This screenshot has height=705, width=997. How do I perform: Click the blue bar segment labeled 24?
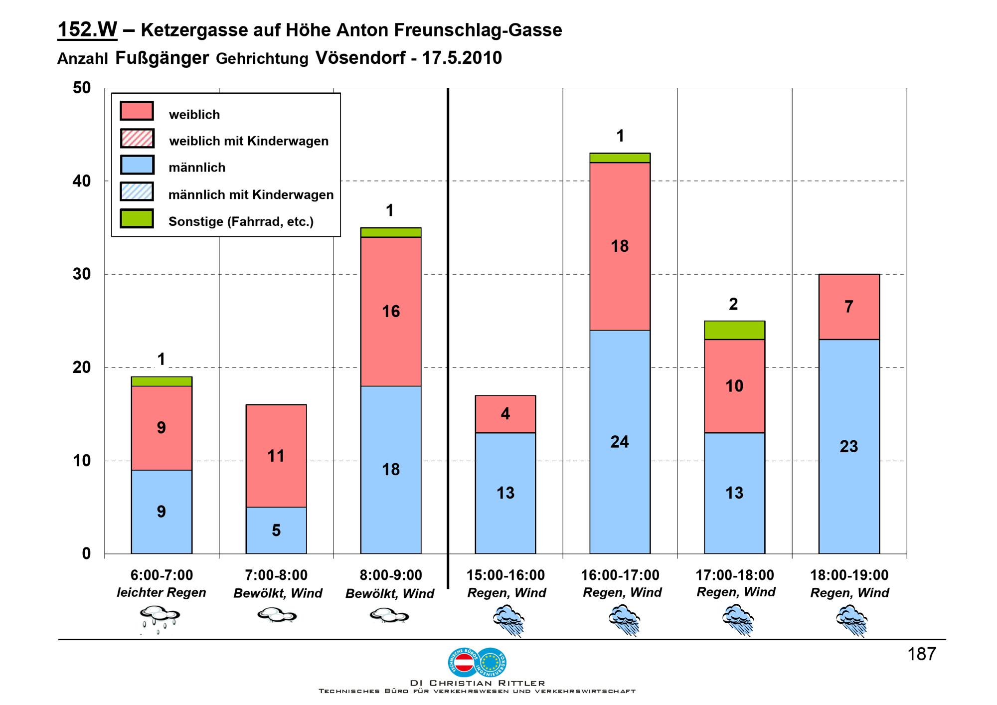pyautogui.click(x=620, y=442)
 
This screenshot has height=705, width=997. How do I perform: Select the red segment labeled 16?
pyautogui.click(x=391, y=311)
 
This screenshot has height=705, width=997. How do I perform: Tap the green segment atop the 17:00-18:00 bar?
pyautogui.click(x=734, y=330)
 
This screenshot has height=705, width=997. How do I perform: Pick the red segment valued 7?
pyautogui.click(x=849, y=307)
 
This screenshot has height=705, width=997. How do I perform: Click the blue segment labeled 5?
pyautogui.click(x=276, y=530)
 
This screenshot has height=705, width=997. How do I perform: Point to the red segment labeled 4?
pyautogui.click(x=505, y=414)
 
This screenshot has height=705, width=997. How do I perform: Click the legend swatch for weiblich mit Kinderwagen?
pyautogui.click(x=137, y=138)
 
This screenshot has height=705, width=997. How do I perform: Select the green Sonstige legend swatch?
pyautogui.click(x=137, y=219)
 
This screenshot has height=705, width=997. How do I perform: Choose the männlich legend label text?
pyautogui.click(x=197, y=168)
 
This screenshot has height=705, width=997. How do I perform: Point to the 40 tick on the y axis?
pyautogui.click(x=82, y=181)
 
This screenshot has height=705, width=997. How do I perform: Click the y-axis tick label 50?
pyautogui.click(x=82, y=88)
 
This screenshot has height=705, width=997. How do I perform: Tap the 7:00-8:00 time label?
pyautogui.click(x=276, y=575)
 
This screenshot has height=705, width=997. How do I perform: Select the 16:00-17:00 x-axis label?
pyautogui.click(x=620, y=575)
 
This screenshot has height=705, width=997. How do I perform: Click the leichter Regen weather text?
pyautogui.click(x=161, y=592)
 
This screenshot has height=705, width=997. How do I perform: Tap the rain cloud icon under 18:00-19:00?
pyautogui.click(x=851, y=620)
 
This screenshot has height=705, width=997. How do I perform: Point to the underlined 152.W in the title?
pyautogui.click(x=87, y=30)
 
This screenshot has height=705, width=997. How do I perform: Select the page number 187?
pyautogui.click(x=922, y=654)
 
